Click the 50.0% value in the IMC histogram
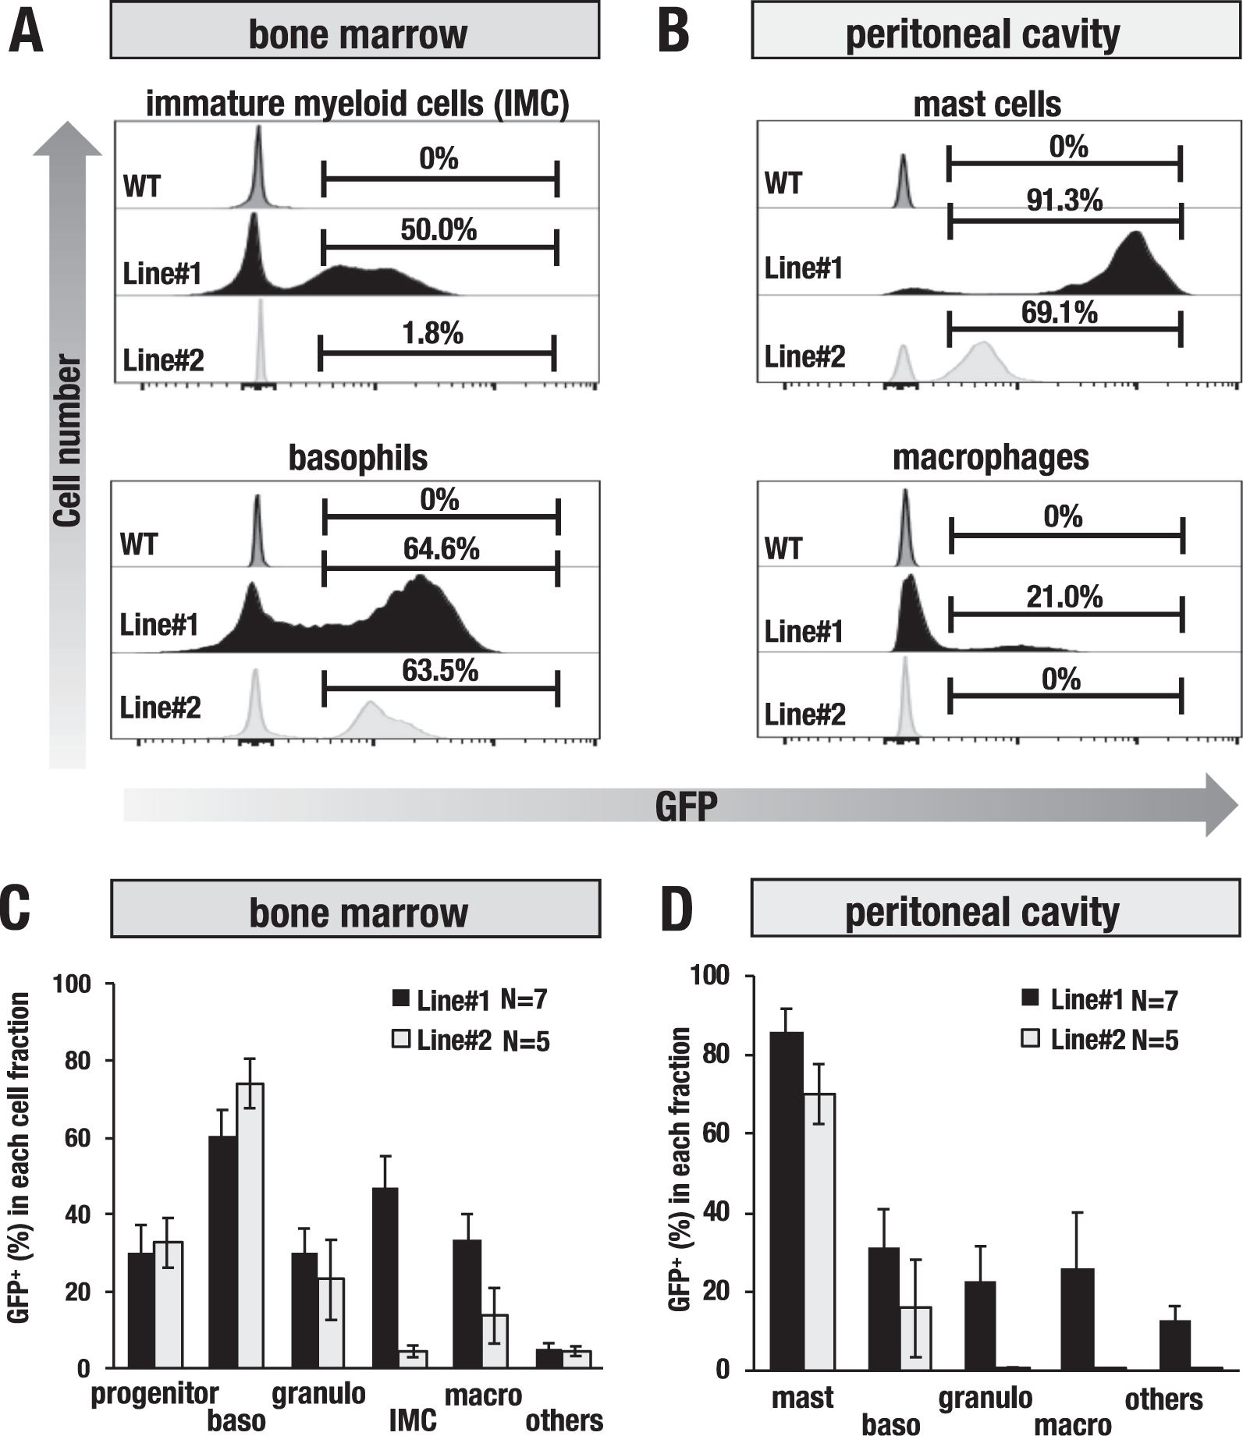pyautogui.click(x=438, y=230)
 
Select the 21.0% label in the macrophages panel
pyautogui.click(x=1064, y=597)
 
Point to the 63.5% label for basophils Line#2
pyautogui.click(x=440, y=671)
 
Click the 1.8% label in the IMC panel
pyautogui.click(x=432, y=334)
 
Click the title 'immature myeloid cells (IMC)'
pyautogui.click(x=357, y=104)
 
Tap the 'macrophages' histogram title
pyautogui.click(x=990, y=457)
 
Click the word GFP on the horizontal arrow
pyautogui.click(x=686, y=806)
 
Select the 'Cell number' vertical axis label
pyautogui.click(x=68, y=441)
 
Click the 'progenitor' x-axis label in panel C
pyautogui.click(x=154, y=1393)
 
